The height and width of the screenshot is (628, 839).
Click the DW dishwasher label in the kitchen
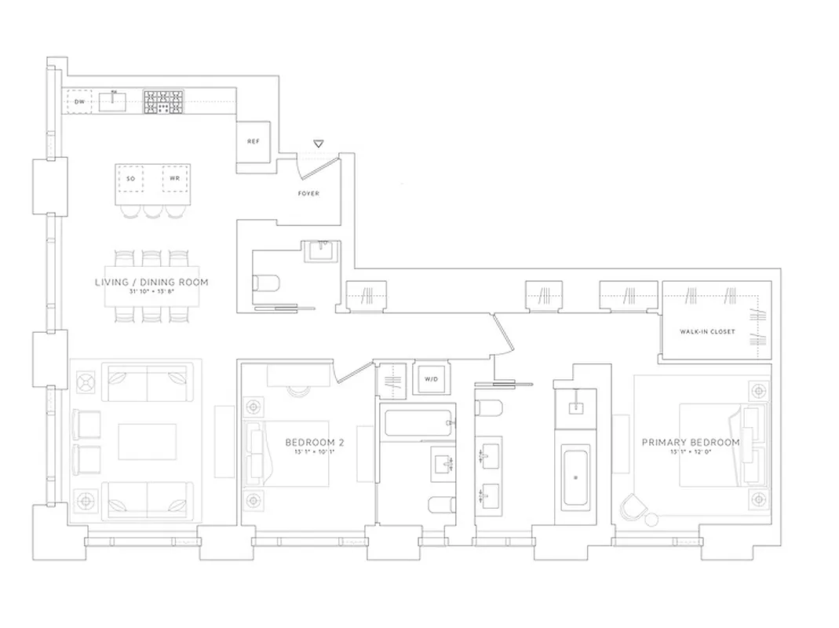tap(79, 102)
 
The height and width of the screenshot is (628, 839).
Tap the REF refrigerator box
tap(253, 142)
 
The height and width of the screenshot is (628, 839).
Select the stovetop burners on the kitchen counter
tap(162, 101)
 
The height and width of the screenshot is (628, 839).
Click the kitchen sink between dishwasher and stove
tap(115, 101)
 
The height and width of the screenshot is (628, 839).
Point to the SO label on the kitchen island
tap(130, 179)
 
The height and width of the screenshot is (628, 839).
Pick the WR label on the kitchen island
tap(175, 179)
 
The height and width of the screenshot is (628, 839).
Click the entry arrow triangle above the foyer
tap(318, 144)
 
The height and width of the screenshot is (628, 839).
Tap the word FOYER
tap(308, 193)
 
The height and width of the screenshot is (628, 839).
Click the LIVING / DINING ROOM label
tap(152, 283)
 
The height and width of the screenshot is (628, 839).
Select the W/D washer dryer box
tap(431, 380)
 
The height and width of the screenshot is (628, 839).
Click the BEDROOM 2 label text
tap(314, 443)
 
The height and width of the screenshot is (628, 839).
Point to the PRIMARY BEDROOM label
tap(691, 443)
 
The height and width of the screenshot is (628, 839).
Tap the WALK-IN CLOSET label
tap(707, 332)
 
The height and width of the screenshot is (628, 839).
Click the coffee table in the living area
tap(148, 442)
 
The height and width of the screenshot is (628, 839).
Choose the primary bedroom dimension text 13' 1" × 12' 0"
tap(691, 453)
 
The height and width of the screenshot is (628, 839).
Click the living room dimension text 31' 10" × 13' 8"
tap(152, 293)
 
